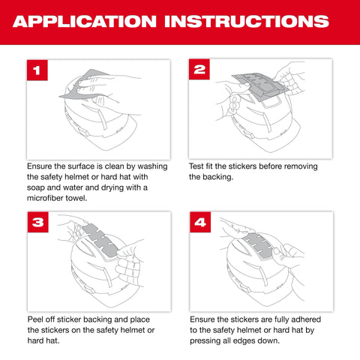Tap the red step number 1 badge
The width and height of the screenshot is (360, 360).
pos(37,70)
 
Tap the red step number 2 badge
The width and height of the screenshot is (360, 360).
pos(200,70)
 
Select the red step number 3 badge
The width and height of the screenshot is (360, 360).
pos(37,223)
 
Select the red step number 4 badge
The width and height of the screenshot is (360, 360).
pos(200,223)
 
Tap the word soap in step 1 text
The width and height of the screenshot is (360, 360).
pos(37,187)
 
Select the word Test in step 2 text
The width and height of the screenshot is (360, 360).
pos(197,166)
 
